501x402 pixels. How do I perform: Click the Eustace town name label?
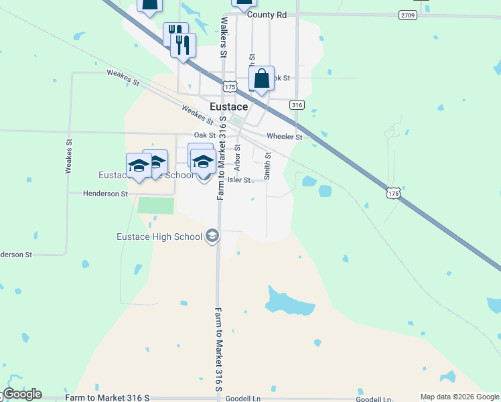click(229, 107)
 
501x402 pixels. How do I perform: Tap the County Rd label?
click(267, 14)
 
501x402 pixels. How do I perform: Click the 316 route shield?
click(297, 105)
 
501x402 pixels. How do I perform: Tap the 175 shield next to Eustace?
click(230, 87)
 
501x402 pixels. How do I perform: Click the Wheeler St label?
click(285, 137)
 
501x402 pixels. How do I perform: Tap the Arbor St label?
click(237, 157)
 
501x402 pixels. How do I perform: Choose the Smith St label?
click(267, 165)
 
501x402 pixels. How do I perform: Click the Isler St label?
click(238, 180)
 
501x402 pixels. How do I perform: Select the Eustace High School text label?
click(159, 237)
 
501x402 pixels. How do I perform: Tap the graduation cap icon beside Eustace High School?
click(212, 236)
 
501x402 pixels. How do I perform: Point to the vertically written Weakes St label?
click(68, 156)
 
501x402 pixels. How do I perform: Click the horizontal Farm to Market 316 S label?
click(108, 398)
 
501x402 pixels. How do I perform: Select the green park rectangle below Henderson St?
click(155, 205)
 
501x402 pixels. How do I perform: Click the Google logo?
click(23, 394)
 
